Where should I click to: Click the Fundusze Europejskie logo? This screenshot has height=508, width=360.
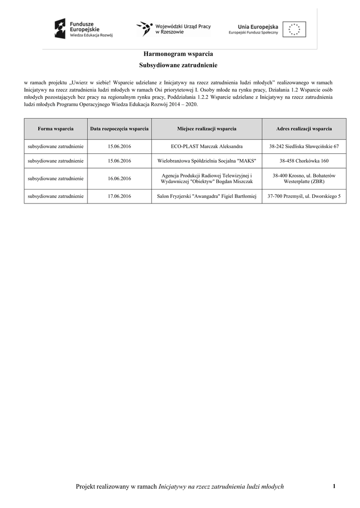[x=84, y=29]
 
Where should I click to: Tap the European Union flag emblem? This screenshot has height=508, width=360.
[x=294, y=29]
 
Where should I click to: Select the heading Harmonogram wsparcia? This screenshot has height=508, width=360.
[x=178, y=53]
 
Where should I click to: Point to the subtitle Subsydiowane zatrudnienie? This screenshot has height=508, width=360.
[x=178, y=65]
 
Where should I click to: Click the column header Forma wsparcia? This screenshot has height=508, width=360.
[x=56, y=129]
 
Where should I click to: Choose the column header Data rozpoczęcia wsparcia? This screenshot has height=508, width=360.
[x=119, y=129]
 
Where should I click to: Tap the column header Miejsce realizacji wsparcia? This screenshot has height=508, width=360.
[x=207, y=129]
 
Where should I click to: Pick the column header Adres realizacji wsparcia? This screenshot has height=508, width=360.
[x=304, y=129]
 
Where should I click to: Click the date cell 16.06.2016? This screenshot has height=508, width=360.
[x=119, y=179]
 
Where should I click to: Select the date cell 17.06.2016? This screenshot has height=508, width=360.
[x=119, y=196]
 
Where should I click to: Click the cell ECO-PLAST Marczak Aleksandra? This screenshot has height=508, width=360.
[x=207, y=147]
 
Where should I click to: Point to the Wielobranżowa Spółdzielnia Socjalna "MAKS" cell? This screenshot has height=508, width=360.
[x=207, y=161]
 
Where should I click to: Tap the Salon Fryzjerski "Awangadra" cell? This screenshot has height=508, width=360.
[x=207, y=196]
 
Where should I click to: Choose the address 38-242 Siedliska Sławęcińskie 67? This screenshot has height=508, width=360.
[x=304, y=147]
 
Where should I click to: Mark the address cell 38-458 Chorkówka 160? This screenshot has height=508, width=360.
[x=304, y=161]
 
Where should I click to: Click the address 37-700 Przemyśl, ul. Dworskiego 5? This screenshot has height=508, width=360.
[x=304, y=196]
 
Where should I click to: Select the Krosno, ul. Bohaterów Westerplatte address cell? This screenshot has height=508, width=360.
[x=304, y=179]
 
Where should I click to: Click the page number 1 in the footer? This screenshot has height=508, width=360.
[x=334, y=486]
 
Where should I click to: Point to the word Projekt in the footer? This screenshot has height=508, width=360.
[x=84, y=487]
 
